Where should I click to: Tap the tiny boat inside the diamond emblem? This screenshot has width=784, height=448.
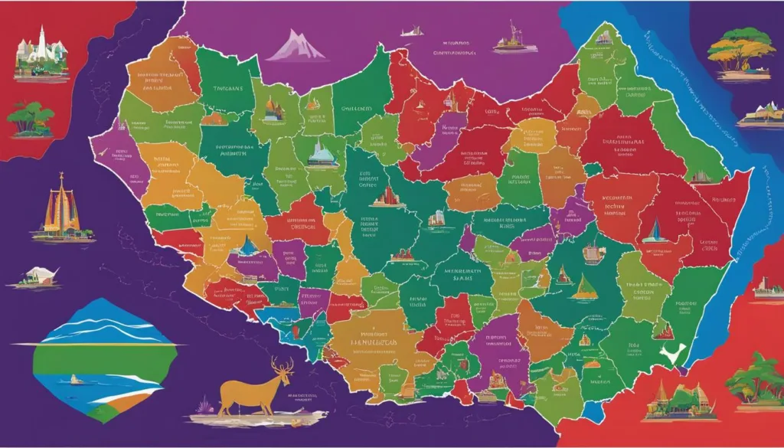pyautogui.click(x=74, y=378)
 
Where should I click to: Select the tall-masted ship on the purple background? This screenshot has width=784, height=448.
pyautogui.click(x=514, y=38)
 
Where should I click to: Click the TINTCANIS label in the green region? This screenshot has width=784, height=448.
pyautogui.click(x=230, y=89)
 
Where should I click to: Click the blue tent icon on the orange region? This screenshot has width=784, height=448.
pyautogui.click(x=247, y=247)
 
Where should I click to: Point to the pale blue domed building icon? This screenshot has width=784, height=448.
pyautogui.click(x=322, y=153)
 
